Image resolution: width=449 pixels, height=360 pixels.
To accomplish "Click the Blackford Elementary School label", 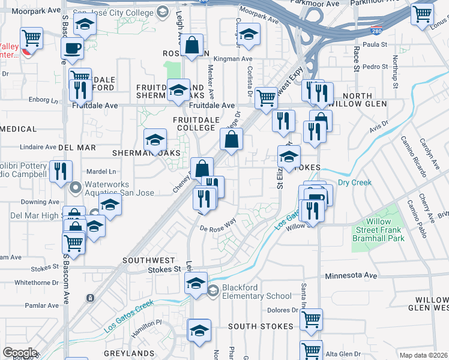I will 256,292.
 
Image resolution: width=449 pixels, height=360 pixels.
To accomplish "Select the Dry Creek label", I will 354,182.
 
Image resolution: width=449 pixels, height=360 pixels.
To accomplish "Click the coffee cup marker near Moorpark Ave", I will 72,48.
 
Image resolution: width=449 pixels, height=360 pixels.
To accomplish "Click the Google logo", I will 19,353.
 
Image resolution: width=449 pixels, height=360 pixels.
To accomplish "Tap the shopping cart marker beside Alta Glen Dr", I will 311,351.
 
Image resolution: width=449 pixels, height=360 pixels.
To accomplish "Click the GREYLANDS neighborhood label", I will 129,354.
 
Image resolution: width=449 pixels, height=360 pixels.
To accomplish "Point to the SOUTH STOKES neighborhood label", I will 261,326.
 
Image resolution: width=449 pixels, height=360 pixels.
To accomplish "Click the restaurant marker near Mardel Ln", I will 60,170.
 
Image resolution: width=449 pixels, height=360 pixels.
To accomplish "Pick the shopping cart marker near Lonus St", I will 423,13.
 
